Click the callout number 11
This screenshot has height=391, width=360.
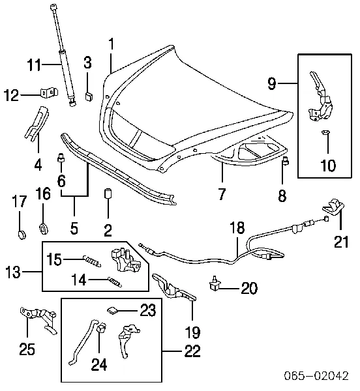[x=34, y=65]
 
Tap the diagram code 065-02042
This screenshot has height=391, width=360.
[x=316, y=375]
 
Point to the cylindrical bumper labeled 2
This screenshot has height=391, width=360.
[x=108, y=194]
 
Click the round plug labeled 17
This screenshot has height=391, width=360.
[x=22, y=235]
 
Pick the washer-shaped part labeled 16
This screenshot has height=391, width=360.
[x=44, y=229]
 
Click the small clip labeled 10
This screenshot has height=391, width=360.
[x=325, y=132]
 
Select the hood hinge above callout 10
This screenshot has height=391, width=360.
[x=322, y=97]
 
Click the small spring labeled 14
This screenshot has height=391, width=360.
[x=115, y=282]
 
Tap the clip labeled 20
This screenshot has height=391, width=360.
[x=215, y=283]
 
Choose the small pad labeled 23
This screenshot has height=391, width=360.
[x=113, y=310]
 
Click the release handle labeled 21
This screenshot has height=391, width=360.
[x=333, y=207]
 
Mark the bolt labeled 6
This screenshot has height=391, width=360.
[x=61, y=158]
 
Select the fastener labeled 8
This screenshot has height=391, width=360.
[x=286, y=162]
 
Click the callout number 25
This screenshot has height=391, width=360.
[x=27, y=349]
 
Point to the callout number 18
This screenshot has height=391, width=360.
[x=237, y=227]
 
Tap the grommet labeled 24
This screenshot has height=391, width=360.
[x=101, y=329]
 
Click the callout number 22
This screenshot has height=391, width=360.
[x=192, y=351]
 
